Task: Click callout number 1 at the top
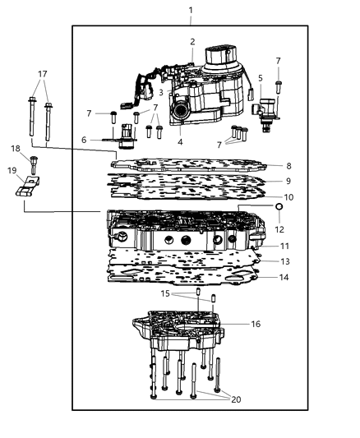(x=190, y=11)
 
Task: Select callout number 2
(x=192, y=42)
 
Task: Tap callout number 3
(x=161, y=93)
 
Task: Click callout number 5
(x=260, y=79)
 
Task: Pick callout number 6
(x=84, y=140)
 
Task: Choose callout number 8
(x=288, y=166)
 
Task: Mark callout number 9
(x=288, y=181)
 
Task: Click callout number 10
(x=288, y=197)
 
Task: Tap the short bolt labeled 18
(x=34, y=162)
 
